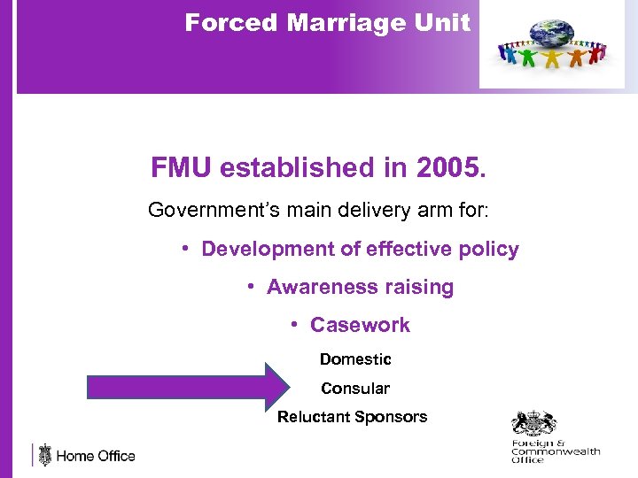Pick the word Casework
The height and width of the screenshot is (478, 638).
click(x=360, y=326)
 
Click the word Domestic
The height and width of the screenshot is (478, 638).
click(x=355, y=359)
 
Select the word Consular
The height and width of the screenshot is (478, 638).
click(x=355, y=389)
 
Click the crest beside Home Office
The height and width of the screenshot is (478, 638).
click(x=44, y=455)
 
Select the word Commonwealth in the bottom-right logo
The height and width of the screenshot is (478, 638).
click(x=556, y=451)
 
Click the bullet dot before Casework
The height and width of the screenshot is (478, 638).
click(x=294, y=325)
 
